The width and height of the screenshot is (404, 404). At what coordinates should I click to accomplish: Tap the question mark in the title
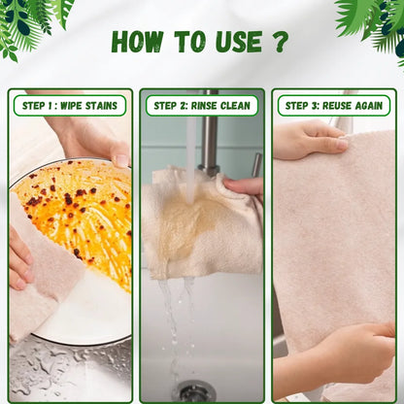click(280, 42)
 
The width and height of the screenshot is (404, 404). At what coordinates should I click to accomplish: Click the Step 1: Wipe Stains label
click(70, 106)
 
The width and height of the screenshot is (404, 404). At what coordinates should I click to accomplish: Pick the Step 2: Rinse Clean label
click(202, 106)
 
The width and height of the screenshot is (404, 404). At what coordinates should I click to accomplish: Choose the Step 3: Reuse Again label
click(334, 106)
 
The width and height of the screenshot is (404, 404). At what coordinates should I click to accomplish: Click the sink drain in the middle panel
click(193, 391)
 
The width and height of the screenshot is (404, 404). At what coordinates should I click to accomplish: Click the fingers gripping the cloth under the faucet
click(244, 187)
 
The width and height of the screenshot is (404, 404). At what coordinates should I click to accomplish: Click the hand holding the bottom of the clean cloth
click(337, 359)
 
